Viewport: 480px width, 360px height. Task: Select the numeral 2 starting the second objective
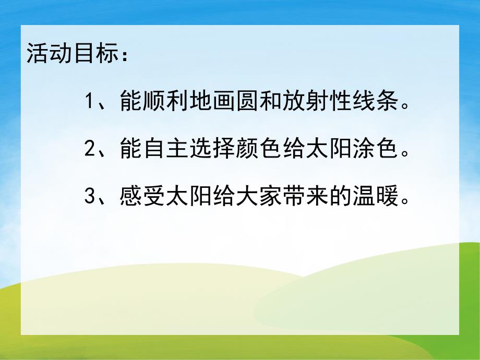coord(89,151)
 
